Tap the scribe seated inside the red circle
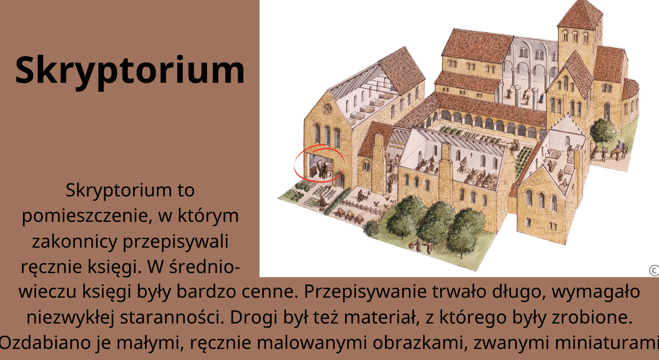[x=324, y=170]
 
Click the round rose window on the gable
[x=327, y=109]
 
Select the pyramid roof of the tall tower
[x=579, y=15]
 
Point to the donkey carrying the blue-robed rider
[x=619, y=152]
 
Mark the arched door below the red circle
[x=340, y=180]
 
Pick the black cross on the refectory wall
[x=472, y=154]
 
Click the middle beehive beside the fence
[x=350, y=216]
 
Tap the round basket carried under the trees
[x=411, y=245]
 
